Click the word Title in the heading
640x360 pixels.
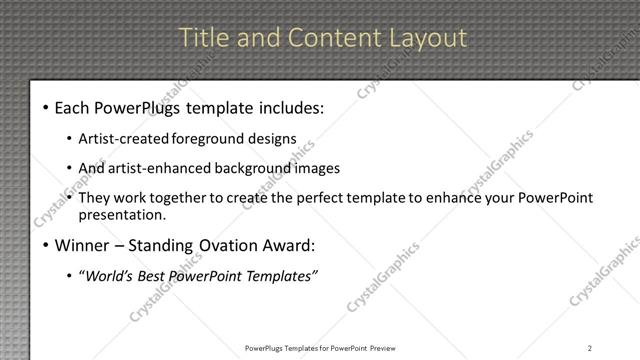[199, 38]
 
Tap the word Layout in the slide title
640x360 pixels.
[427, 38]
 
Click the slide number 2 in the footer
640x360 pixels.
[589, 347]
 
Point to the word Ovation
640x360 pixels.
[223, 244]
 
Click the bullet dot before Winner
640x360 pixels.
[45, 245]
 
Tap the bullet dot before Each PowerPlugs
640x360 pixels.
[45, 107]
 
